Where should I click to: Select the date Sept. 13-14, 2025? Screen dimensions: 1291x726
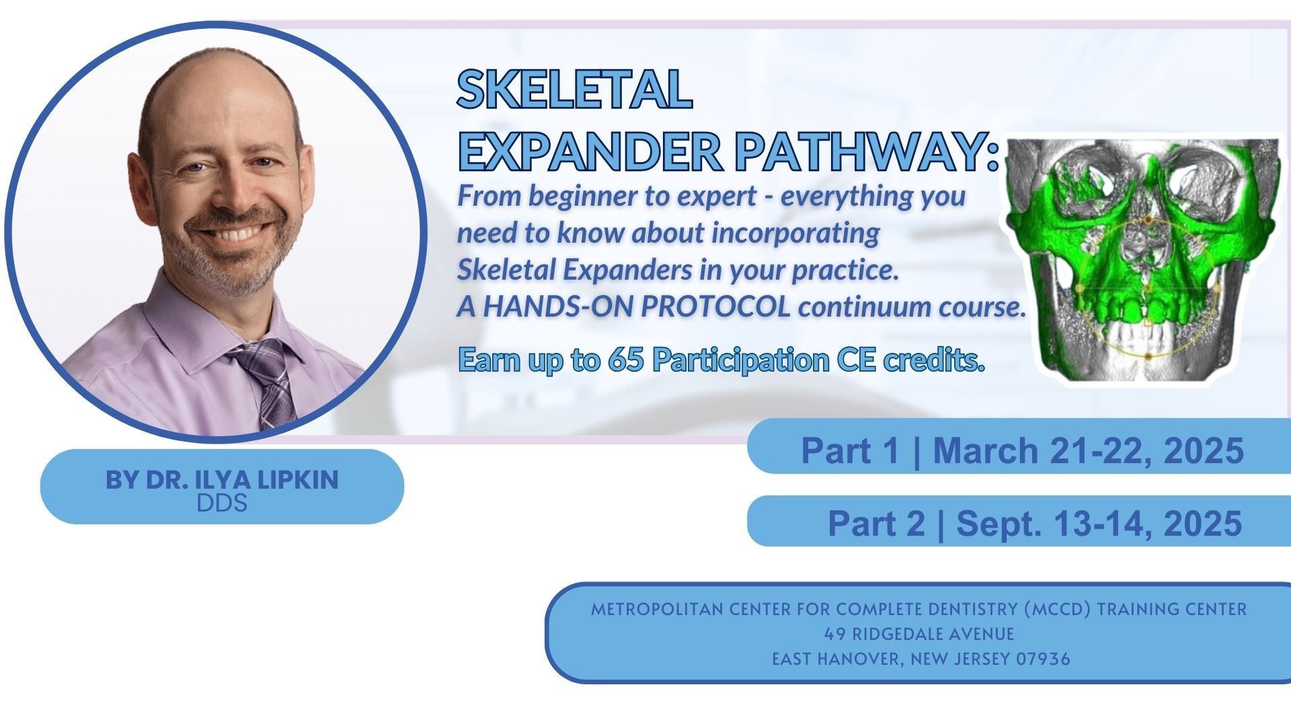click(x=1099, y=523)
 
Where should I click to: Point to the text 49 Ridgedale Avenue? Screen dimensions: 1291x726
click(x=919, y=634)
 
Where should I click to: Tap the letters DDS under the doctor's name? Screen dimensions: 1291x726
click(x=222, y=503)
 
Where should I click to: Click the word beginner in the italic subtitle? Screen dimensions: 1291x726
click(x=582, y=197)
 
